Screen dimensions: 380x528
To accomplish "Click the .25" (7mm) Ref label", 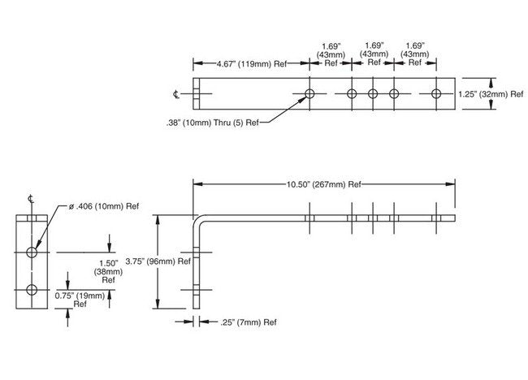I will coord(249,322).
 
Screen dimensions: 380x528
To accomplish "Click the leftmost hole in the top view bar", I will coord(309,95).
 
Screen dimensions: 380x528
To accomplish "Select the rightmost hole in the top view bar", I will coord(436,95).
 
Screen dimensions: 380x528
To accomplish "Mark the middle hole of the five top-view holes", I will coord(373,95).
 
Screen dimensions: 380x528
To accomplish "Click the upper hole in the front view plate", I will coord(32,253).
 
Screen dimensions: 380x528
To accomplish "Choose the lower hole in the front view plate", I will coord(32,290).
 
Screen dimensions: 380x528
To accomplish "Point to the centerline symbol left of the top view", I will coord(176,95).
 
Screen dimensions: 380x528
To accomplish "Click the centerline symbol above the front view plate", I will coord(31,199).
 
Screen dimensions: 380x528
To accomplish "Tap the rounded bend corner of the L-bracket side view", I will coord(200,221).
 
